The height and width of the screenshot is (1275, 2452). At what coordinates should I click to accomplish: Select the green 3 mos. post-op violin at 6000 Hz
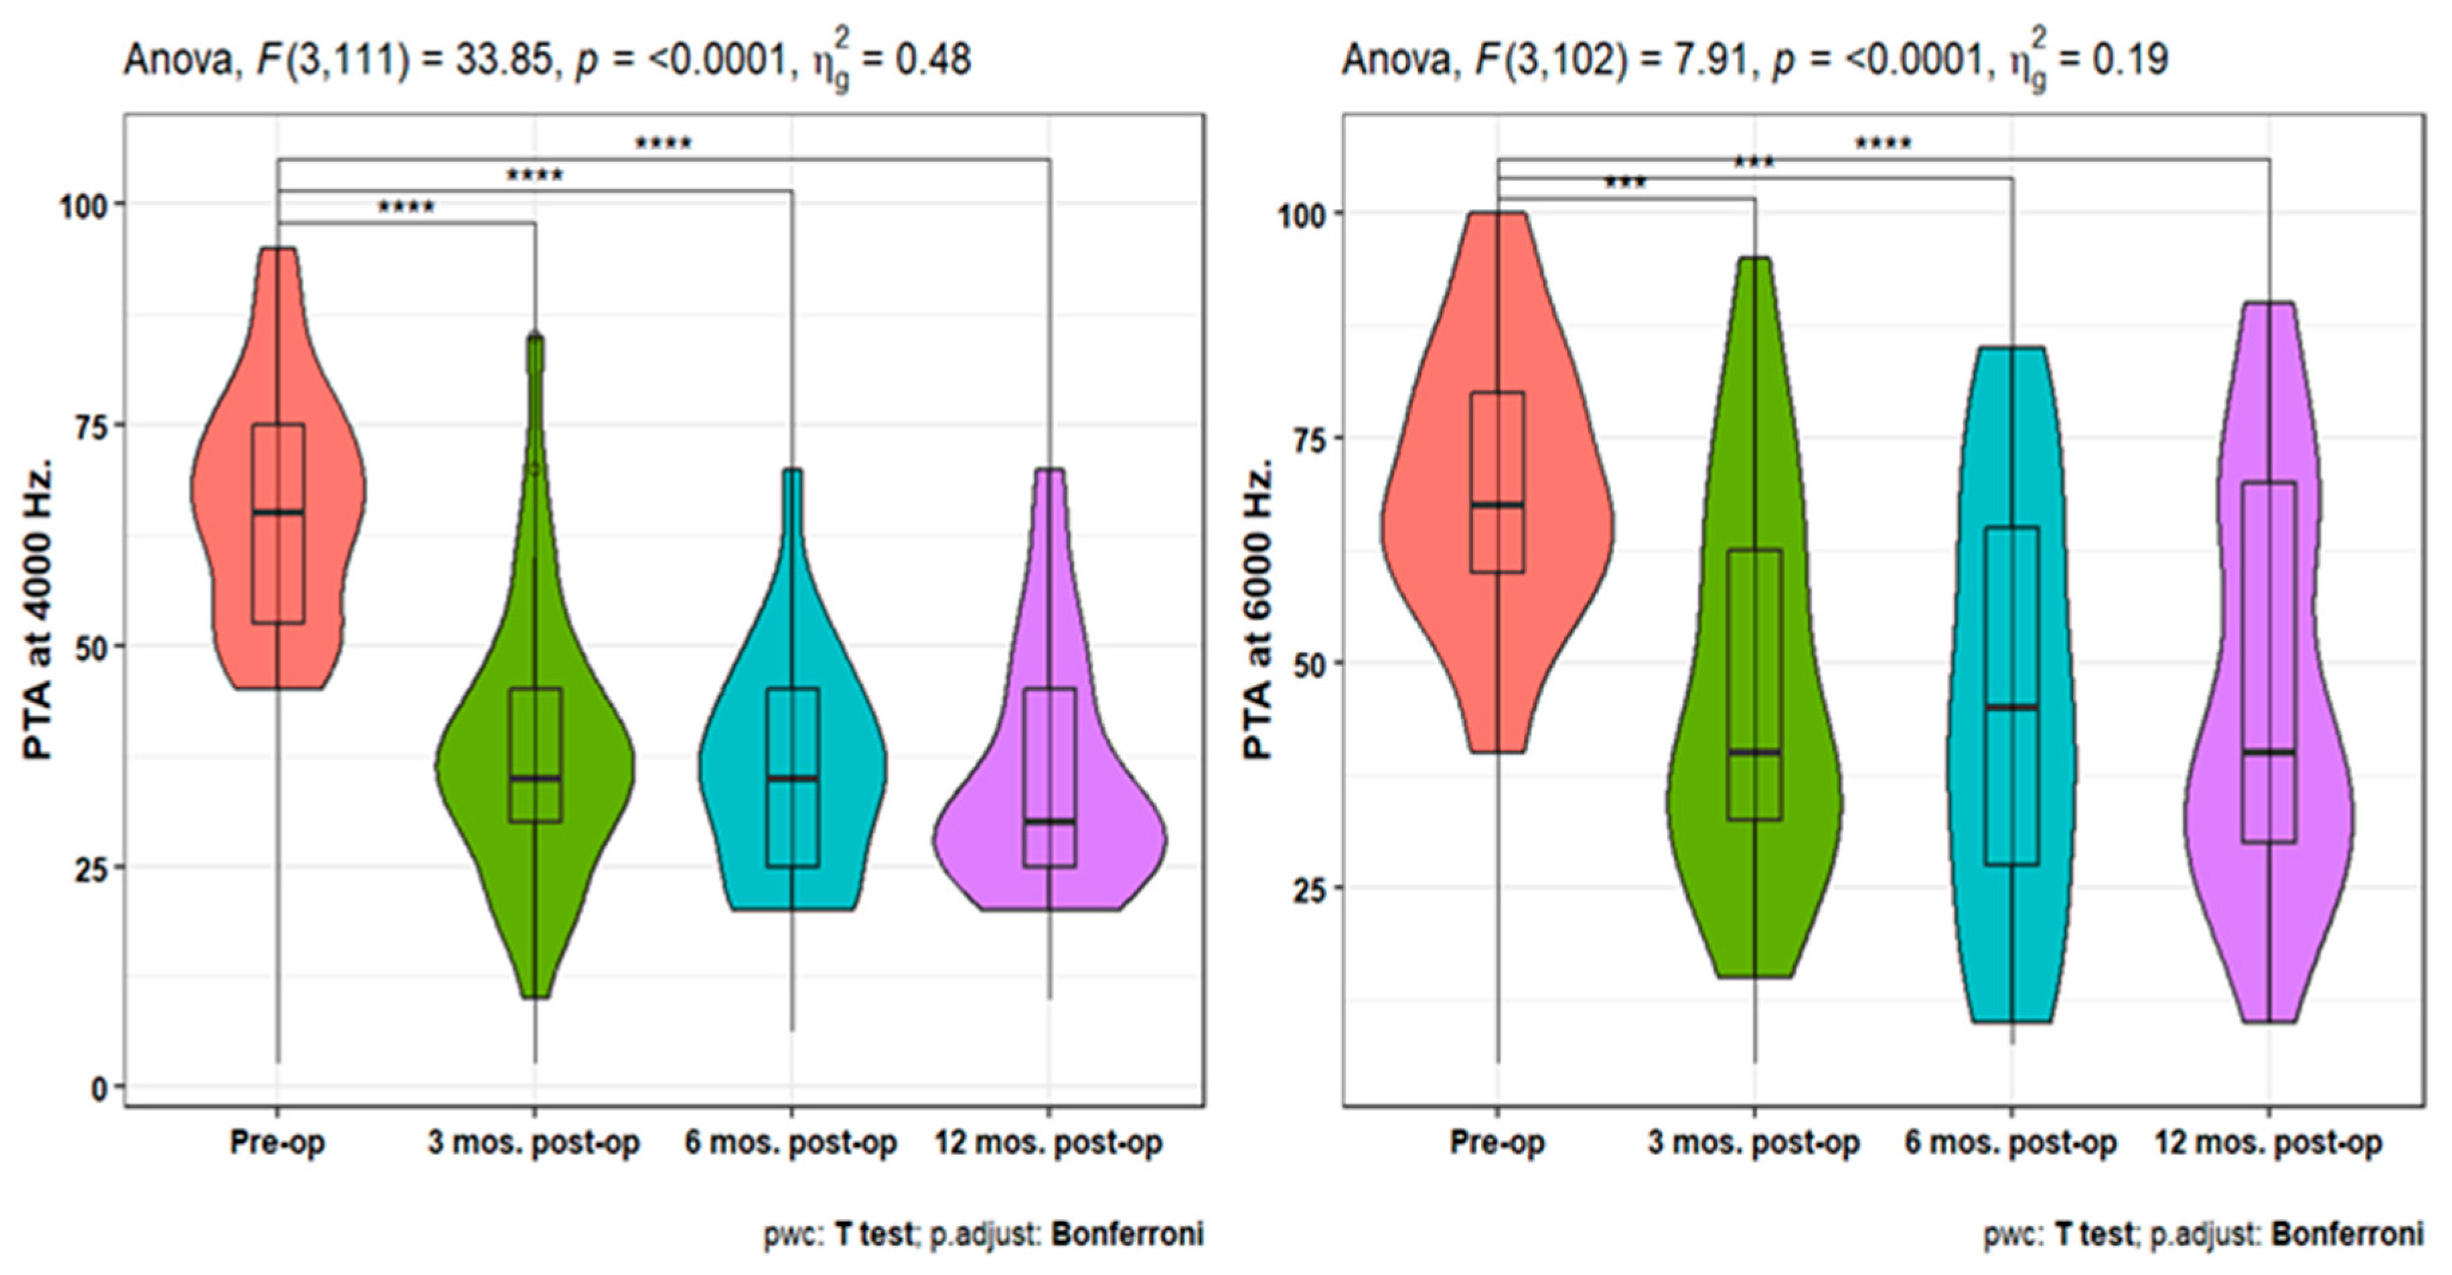1713,857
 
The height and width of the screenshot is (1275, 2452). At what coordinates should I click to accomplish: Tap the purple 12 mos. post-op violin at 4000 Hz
1104,848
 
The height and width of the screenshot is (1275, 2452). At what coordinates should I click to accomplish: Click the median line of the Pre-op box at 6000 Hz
1497,505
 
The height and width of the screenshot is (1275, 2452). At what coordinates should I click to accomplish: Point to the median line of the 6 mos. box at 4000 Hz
792,779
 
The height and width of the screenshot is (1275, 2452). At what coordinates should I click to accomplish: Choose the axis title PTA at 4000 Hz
38,610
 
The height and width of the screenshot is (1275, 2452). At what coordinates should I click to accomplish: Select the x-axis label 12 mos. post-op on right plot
2269,1142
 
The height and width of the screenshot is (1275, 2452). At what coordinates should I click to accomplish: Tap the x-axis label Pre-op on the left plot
277,1142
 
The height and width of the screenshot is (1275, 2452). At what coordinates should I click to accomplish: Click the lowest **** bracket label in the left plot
406,208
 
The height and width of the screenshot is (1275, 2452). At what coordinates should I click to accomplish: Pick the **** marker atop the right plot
1883,145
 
